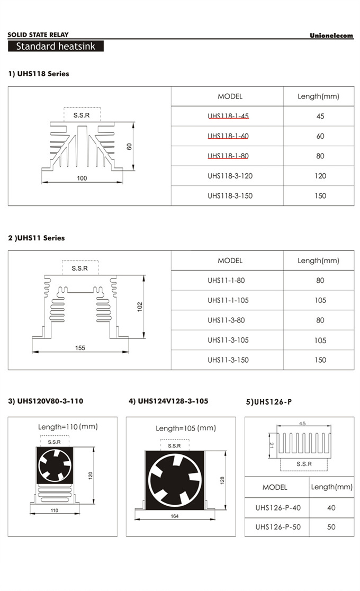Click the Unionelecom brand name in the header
coord(331,35)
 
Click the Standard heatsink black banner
coord(56,46)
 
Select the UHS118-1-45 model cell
coord(228,116)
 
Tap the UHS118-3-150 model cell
coord(230,195)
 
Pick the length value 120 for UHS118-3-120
coord(320,176)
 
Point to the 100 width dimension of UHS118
coord(82,178)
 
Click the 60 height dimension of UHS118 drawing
coord(129,146)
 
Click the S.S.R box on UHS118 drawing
coord(82,114)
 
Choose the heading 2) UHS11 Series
coord(36,238)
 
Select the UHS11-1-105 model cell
coord(228,300)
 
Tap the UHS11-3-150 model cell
coord(228,360)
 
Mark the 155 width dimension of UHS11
coord(79,348)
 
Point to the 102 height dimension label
coord(140,306)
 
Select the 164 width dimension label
coord(174,516)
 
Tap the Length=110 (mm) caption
coord(68,426)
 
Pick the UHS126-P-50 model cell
coord(277,527)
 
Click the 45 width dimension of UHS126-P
coord(302,424)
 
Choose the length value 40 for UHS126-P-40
coord(331,508)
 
